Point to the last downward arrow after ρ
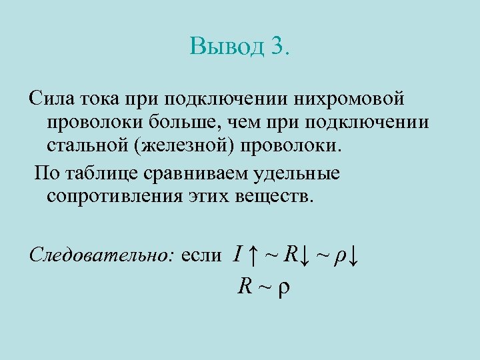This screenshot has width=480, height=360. pyautogui.click(x=353, y=254)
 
